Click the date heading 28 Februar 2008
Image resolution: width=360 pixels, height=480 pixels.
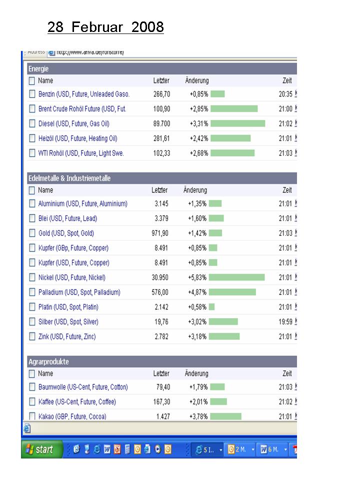(x=105, y=27)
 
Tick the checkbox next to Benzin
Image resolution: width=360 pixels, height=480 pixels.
(x=32, y=94)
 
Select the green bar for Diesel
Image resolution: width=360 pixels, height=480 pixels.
(x=237, y=123)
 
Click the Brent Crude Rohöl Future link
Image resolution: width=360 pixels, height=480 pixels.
(x=82, y=109)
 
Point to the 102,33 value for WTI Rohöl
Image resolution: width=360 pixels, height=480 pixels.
(x=161, y=153)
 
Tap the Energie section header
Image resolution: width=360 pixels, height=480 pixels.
(x=38, y=69)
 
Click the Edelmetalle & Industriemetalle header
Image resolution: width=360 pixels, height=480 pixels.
(x=69, y=178)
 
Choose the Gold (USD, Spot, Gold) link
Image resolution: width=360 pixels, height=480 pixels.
(x=66, y=233)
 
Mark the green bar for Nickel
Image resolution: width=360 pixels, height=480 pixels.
(x=236, y=277)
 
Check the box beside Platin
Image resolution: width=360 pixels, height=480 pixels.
(x=32, y=307)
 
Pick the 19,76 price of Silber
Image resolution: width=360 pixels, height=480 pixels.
(x=160, y=321)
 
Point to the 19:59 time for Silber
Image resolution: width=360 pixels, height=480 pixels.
(x=285, y=321)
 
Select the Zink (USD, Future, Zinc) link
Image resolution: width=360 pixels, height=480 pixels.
(x=67, y=336)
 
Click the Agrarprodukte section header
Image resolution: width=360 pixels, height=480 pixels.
(x=48, y=361)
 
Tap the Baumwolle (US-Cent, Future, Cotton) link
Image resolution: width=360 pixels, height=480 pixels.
(x=83, y=387)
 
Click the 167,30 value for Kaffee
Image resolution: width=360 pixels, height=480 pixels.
(x=161, y=401)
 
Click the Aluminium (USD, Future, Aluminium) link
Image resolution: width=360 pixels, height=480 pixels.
(x=82, y=203)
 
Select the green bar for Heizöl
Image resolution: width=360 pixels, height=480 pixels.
(x=230, y=138)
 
